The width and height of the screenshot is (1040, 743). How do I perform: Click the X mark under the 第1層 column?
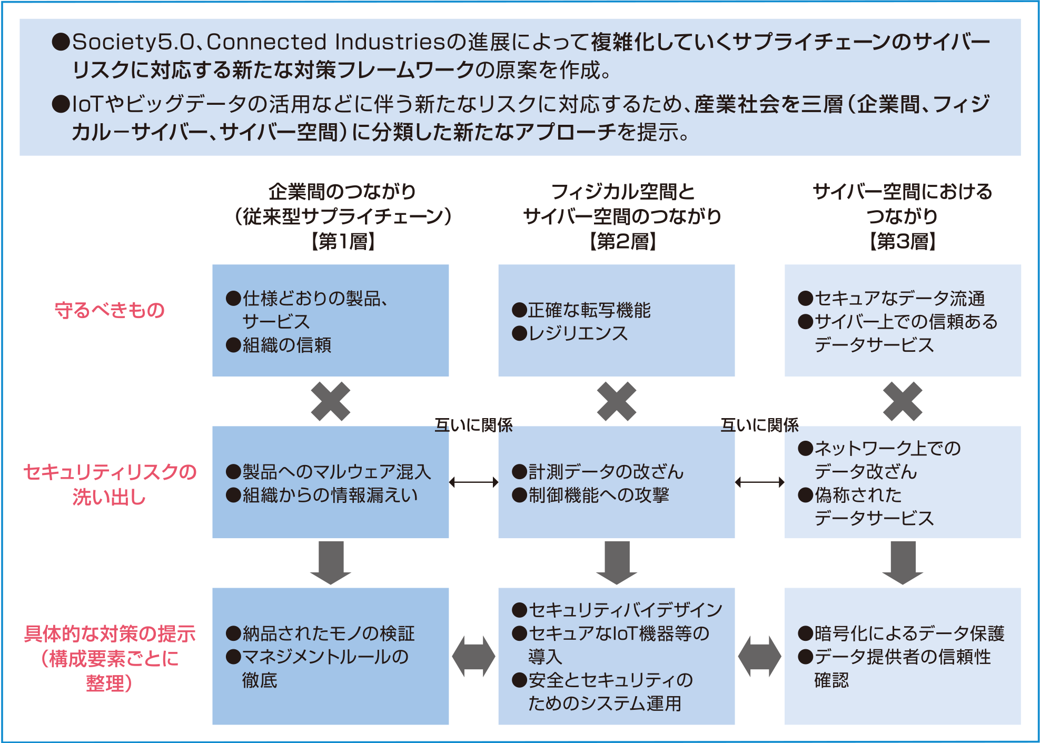point(330,401)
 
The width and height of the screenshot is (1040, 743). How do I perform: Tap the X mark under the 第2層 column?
point(617,401)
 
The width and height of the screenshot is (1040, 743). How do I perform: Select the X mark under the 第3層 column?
point(903,401)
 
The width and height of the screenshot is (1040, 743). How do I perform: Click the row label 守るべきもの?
point(110,310)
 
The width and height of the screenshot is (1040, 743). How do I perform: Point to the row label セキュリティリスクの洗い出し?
point(110,484)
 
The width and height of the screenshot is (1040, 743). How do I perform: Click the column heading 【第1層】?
point(342,241)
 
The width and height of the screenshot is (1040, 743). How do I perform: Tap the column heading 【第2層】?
point(622,241)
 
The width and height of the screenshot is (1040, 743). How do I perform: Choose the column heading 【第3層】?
point(902,241)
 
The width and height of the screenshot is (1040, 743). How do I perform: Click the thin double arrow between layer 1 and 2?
point(473,482)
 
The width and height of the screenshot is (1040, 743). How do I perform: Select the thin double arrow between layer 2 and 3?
point(759,482)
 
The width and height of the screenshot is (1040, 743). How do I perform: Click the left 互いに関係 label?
point(473,425)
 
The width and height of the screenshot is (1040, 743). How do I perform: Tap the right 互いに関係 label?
point(759,425)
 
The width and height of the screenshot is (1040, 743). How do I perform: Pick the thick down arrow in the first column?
point(330,562)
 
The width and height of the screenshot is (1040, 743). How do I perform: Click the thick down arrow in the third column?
point(903,562)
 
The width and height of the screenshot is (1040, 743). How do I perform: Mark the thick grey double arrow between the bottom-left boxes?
point(473,656)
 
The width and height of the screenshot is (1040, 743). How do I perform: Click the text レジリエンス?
point(578,333)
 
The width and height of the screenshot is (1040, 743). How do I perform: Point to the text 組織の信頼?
point(286,345)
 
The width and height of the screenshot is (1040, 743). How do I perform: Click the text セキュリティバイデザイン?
point(625,610)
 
